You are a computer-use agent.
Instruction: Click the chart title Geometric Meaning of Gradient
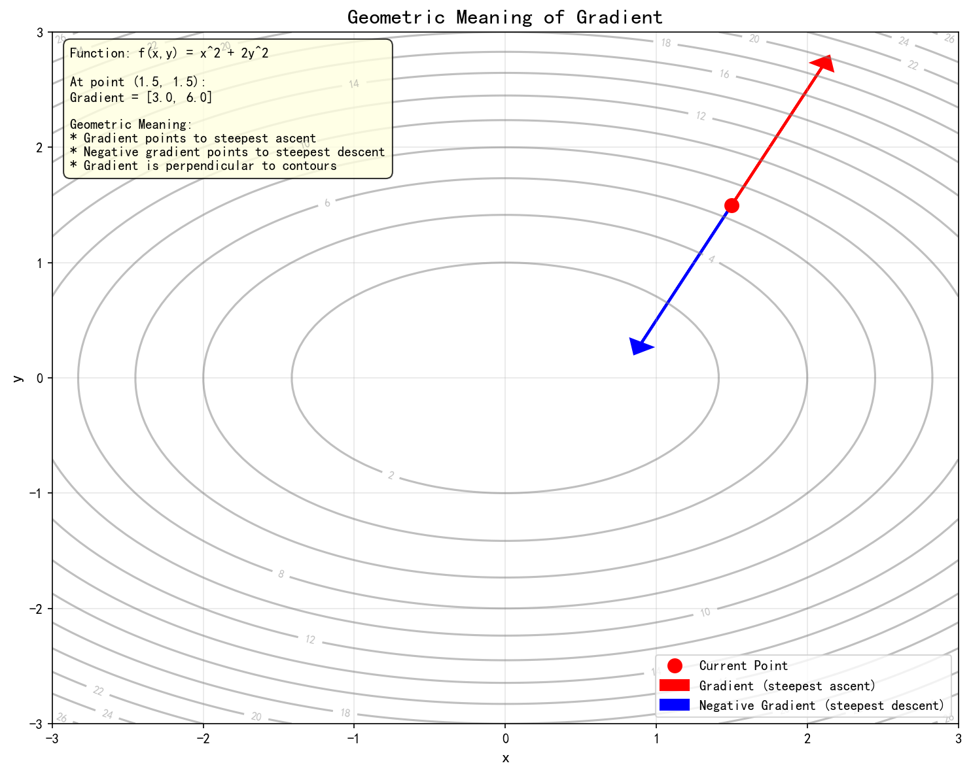click(x=504, y=17)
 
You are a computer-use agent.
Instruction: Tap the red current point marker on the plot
click(x=732, y=205)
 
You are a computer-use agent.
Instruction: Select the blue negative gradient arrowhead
click(x=639, y=346)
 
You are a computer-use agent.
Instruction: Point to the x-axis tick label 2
click(x=807, y=739)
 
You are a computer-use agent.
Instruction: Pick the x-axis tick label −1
click(x=354, y=739)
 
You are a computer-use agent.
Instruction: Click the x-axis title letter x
click(x=505, y=758)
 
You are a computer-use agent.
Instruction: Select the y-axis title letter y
click(x=18, y=378)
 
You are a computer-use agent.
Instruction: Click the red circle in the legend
click(x=675, y=665)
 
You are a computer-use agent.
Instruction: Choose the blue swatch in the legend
click(x=675, y=705)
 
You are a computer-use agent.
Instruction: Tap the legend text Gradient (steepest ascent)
click(x=787, y=686)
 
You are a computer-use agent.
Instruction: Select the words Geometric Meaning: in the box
click(x=131, y=124)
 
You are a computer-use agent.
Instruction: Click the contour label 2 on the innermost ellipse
click(x=391, y=475)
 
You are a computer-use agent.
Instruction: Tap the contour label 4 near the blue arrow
click(x=711, y=260)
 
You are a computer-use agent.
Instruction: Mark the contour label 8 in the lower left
click(x=281, y=575)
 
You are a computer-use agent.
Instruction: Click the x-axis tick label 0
click(x=505, y=739)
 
